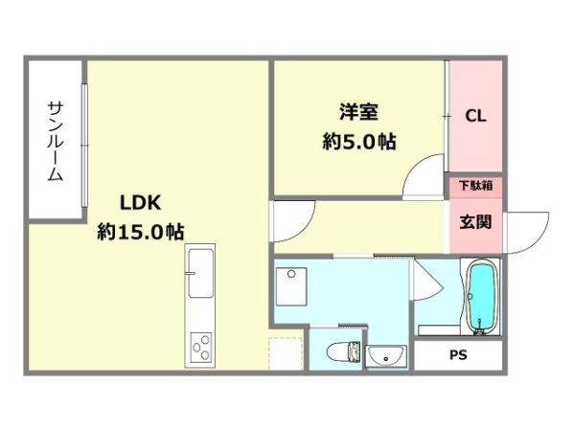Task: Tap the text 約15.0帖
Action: tap(140, 231)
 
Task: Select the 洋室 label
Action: tap(358, 111)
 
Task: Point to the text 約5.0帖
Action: tap(359, 141)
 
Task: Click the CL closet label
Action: tap(476, 117)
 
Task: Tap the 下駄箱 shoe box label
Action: tap(476, 185)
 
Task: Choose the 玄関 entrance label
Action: tap(476, 222)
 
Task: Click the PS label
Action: tap(459, 355)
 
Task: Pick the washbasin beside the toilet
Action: tap(388, 356)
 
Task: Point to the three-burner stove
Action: tap(201, 347)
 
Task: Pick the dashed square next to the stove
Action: tap(285, 355)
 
